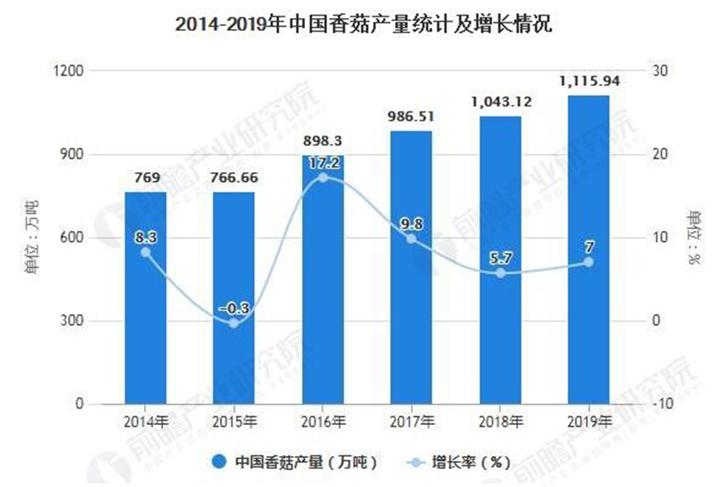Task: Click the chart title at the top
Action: [x=364, y=24]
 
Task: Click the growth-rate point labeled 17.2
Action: [x=323, y=177]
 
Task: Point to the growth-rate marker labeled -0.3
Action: [x=234, y=323]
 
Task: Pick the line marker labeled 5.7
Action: [x=500, y=273]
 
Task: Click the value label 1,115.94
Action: [x=588, y=82]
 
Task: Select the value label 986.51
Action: [x=411, y=117]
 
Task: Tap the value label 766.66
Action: [x=234, y=179]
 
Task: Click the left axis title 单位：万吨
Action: [x=33, y=237]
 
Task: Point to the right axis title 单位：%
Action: [x=694, y=237]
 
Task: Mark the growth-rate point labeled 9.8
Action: [x=411, y=239]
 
